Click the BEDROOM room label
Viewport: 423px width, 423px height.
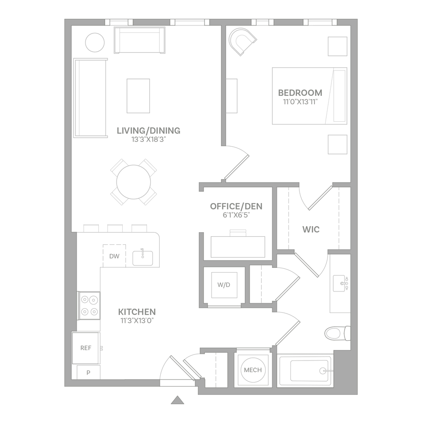(x=300, y=93)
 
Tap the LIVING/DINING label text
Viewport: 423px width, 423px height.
(x=149, y=131)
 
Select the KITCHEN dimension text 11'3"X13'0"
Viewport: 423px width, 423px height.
(x=137, y=321)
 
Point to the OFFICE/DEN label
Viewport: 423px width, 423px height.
(x=236, y=206)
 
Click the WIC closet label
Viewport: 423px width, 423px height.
(x=311, y=229)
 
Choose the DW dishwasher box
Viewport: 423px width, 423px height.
(x=114, y=256)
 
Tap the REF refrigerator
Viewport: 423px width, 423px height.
(x=86, y=348)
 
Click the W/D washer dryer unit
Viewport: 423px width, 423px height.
(x=224, y=285)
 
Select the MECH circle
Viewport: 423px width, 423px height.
(x=253, y=370)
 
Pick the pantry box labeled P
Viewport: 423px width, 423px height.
(x=88, y=372)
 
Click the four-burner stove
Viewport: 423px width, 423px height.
(x=89, y=305)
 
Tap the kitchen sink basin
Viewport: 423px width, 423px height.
(x=143, y=258)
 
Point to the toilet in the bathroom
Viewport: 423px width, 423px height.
(x=337, y=333)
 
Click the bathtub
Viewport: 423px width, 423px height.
(x=305, y=371)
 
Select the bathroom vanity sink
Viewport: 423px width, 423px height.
(x=340, y=283)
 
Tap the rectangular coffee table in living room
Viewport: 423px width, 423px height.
(x=138, y=96)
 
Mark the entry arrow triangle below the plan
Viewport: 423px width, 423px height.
(x=178, y=400)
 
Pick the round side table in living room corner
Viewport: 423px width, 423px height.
(x=94, y=42)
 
